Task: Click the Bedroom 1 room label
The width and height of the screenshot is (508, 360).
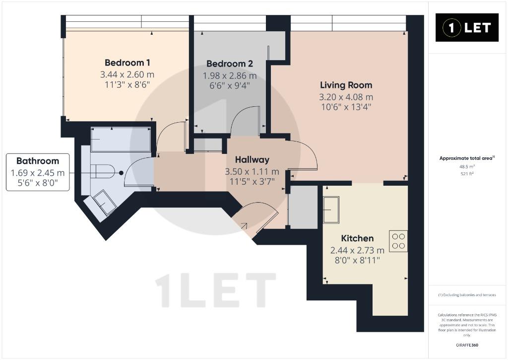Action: coord(127,63)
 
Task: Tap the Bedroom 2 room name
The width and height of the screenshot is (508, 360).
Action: coord(230,64)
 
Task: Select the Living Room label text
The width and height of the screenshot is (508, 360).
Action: coord(346,85)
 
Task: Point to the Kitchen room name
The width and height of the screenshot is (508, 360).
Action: coord(357,238)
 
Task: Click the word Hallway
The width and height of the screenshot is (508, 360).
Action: coord(252,159)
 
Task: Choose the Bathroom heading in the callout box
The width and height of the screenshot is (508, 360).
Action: coord(38,161)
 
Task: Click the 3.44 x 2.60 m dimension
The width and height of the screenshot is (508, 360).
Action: coord(127,74)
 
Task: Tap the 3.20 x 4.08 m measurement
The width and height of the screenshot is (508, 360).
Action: coord(346,97)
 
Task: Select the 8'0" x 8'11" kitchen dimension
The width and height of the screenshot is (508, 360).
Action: coord(357,260)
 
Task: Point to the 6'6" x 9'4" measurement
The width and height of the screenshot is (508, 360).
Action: coord(230,85)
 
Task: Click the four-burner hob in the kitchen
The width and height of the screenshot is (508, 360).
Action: coord(398,241)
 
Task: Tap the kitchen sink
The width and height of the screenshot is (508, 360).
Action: coord(331,210)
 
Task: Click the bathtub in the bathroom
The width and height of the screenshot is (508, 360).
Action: coord(121,140)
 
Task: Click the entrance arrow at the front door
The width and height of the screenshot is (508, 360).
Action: coord(243,226)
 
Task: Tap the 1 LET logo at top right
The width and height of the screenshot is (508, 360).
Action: coord(467,28)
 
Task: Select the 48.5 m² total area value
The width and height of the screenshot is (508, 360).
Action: coord(467,167)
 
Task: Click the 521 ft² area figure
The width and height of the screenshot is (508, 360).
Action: coord(467,174)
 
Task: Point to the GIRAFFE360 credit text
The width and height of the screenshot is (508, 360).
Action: coord(467,345)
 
